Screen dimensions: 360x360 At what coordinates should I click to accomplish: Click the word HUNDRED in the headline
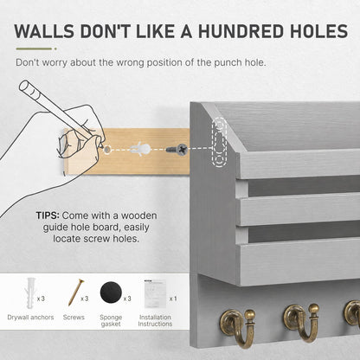pyautogui.click(x=241, y=31)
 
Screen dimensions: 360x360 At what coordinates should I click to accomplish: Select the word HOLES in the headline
pyautogui.click(x=319, y=31)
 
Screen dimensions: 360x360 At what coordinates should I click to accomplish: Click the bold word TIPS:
pyautogui.click(x=48, y=215)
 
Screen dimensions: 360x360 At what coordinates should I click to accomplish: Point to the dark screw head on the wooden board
pyautogui.click(x=182, y=150)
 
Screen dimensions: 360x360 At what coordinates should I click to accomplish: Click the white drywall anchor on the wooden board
pyautogui.click(x=140, y=150)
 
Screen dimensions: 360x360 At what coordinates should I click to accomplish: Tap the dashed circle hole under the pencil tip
pyautogui.click(x=107, y=150)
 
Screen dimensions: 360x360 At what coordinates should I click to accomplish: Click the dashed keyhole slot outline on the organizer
pyautogui.click(x=219, y=142)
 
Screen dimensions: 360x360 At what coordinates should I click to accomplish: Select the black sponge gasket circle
pyautogui.click(x=111, y=293)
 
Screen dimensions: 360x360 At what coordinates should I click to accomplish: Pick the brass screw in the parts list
pyautogui.click(x=77, y=292)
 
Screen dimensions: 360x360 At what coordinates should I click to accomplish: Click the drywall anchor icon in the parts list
pyautogui.click(x=30, y=292)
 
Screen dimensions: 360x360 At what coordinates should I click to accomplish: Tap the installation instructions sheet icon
pyautogui.click(x=155, y=293)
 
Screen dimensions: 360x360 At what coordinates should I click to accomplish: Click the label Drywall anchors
pyautogui.click(x=30, y=318)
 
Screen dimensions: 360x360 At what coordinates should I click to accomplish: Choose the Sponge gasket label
pyautogui.click(x=111, y=320)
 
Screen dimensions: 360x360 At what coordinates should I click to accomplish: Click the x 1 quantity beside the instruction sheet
pyautogui.click(x=173, y=299)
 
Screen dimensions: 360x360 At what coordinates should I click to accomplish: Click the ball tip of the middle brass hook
pyautogui.click(x=313, y=308)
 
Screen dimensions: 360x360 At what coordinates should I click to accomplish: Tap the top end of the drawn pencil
pyautogui.click(x=25, y=87)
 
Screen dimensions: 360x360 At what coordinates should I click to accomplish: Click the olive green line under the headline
pyautogui.click(x=34, y=48)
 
